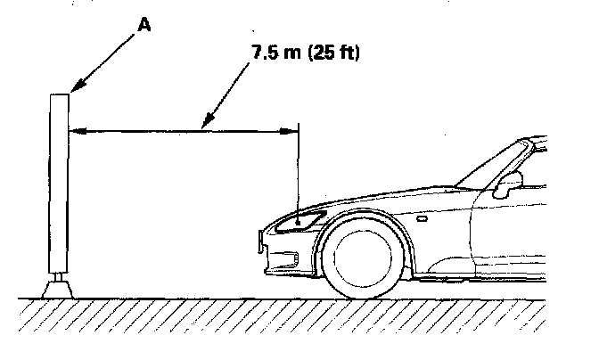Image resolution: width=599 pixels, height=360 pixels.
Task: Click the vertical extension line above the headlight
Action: (298, 169)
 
